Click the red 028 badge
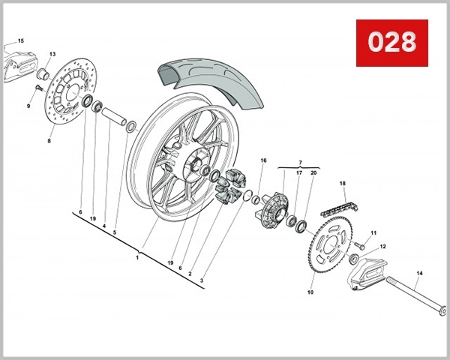pos(391,42)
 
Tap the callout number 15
pos(20,40)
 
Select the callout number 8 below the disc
pos(49,140)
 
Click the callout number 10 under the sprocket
pos(310,292)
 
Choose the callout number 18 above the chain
pos(342,184)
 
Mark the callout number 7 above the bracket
pos(300,163)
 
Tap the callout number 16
pos(263,160)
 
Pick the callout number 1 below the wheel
pos(138,257)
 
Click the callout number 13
pos(52,55)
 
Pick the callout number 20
pos(313,173)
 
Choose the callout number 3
pos(202,280)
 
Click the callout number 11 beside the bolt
pos(373,233)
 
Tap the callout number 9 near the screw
pos(29,106)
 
